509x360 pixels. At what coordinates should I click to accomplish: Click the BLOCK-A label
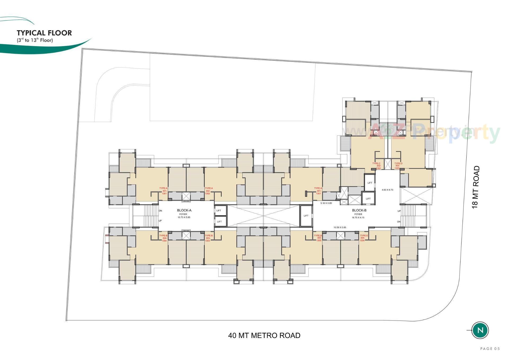click(x=184, y=210)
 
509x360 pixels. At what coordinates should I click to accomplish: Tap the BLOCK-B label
click(x=359, y=210)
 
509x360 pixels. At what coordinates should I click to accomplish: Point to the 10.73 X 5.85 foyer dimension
click(x=184, y=217)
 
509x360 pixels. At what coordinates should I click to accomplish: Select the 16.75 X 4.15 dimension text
click(x=358, y=218)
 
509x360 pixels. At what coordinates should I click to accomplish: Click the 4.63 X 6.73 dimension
click(x=387, y=190)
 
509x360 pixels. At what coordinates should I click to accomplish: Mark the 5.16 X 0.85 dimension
click(x=326, y=203)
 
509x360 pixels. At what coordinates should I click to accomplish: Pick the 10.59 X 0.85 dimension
click(x=340, y=227)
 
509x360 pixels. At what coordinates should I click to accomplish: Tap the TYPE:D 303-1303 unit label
click(x=398, y=166)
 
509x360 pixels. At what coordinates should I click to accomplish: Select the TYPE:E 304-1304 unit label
click(x=363, y=238)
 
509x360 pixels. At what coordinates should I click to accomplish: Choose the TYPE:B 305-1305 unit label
click(x=318, y=238)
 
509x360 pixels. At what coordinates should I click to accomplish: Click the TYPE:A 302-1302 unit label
click(x=208, y=191)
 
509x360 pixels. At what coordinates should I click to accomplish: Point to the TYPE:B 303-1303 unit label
click(x=208, y=238)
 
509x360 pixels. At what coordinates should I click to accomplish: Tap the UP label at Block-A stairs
click(x=160, y=221)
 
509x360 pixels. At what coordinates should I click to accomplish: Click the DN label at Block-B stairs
click(x=399, y=222)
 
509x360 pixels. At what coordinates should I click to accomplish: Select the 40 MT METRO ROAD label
click(x=264, y=336)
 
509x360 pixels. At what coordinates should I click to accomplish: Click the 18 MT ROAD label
click(x=476, y=187)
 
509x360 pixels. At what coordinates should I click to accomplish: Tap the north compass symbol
click(x=480, y=330)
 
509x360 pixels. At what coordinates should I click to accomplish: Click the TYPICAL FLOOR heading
click(x=44, y=33)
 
